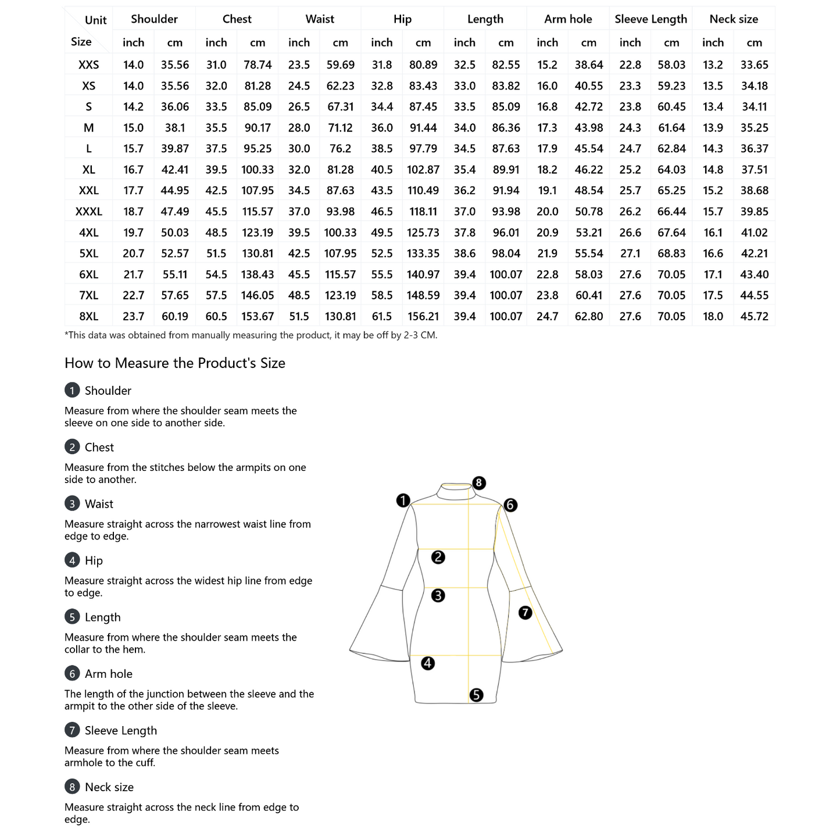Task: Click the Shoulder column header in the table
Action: (x=154, y=19)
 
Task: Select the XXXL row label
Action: (x=89, y=212)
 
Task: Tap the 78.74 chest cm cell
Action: (x=258, y=65)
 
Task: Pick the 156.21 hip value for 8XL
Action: (x=423, y=316)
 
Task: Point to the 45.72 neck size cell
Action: (x=754, y=316)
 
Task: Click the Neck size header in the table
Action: (x=734, y=19)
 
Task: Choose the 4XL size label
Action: (x=89, y=233)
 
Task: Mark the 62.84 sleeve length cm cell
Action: (x=671, y=149)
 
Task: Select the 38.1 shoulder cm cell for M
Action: (x=175, y=128)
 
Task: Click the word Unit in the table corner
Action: (x=96, y=20)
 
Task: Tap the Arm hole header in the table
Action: (x=568, y=19)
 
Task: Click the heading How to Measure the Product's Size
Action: (x=175, y=363)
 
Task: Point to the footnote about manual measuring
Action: (x=251, y=335)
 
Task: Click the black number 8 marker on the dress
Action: (x=478, y=483)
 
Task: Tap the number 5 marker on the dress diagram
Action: (x=476, y=695)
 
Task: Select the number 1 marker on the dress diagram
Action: (x=403, y=501)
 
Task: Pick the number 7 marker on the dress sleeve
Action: (x=526, y=613)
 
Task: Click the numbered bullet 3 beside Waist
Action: (x=72, y=503)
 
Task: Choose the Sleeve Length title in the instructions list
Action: (x=121, y=731)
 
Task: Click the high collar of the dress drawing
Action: (x=456, y=492)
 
